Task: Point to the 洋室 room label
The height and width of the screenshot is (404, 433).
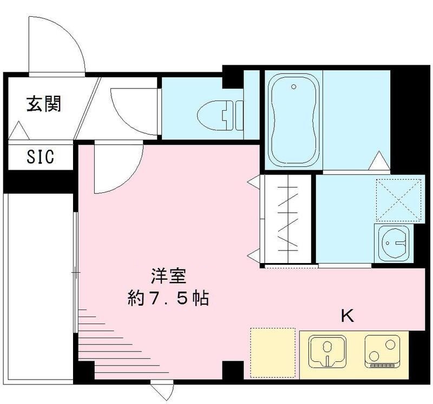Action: click(x=169, y=277)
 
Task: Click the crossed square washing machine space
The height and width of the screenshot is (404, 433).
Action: click(x=399, y=199)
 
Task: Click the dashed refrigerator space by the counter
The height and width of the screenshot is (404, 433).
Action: click(x=273, y=352)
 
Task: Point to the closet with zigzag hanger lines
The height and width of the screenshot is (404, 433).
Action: click(x=285, y=220)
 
